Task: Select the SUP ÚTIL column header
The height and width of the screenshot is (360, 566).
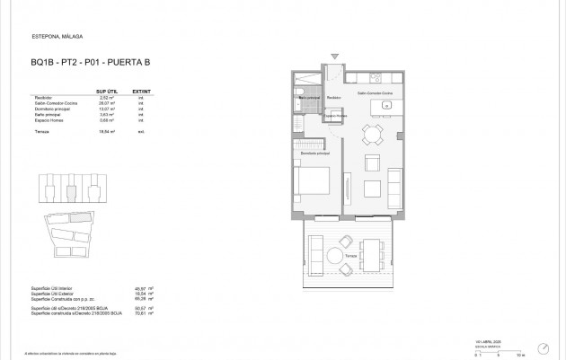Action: (107, 92)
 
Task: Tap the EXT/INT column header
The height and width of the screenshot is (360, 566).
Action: (141, 92)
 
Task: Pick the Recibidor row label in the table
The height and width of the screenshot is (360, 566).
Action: (41, 98)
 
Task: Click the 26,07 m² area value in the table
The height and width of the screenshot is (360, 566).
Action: (107, 103)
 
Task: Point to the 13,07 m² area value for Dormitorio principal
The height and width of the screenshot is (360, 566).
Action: (107, 109)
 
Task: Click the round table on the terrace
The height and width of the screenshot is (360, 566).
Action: (335, 256)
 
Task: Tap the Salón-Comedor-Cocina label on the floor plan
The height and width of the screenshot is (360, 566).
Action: (374, 93)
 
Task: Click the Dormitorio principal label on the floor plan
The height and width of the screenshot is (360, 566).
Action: (315, 154)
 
